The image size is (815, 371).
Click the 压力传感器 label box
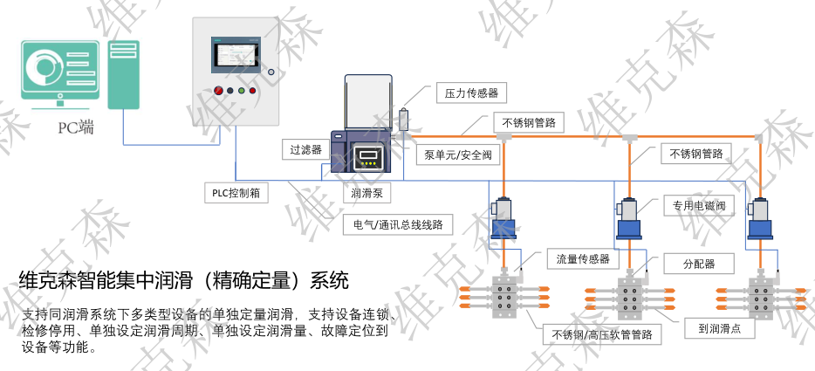(471, 93)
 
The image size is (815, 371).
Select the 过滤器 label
(305, 149)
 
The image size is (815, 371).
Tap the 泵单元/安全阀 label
(458, 155)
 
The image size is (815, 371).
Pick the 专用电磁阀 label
(699, 206)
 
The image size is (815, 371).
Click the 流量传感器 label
(583, 259)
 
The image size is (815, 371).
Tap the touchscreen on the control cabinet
(236, 56)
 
